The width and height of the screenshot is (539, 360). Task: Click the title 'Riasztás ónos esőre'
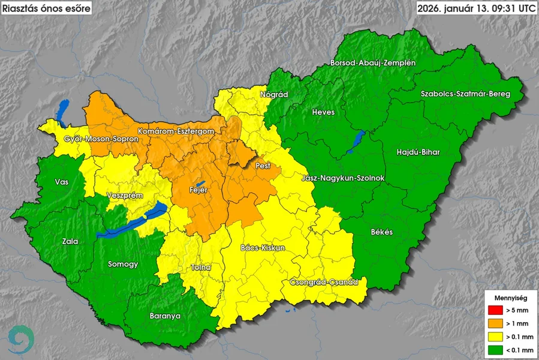(x=47, y=8)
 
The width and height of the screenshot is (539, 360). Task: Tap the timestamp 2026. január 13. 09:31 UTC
(x=477, y=8)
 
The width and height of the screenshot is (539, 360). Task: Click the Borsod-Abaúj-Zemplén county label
(x=373, y=63)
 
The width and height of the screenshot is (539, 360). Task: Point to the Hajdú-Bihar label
(x=418, y=152)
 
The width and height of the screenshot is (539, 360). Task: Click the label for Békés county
(x=382, y=232)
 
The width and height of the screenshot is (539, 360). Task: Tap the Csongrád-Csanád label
(x=323, y=281)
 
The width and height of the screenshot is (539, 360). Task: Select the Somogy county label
(x=123, y=264)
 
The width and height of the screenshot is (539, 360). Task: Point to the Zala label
(x=70, y=241)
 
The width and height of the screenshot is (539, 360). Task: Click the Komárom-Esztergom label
(x=172, y=131)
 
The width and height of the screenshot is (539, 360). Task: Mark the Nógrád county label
(x=274, y=95)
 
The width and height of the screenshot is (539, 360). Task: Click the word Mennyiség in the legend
(x=509, y=297)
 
